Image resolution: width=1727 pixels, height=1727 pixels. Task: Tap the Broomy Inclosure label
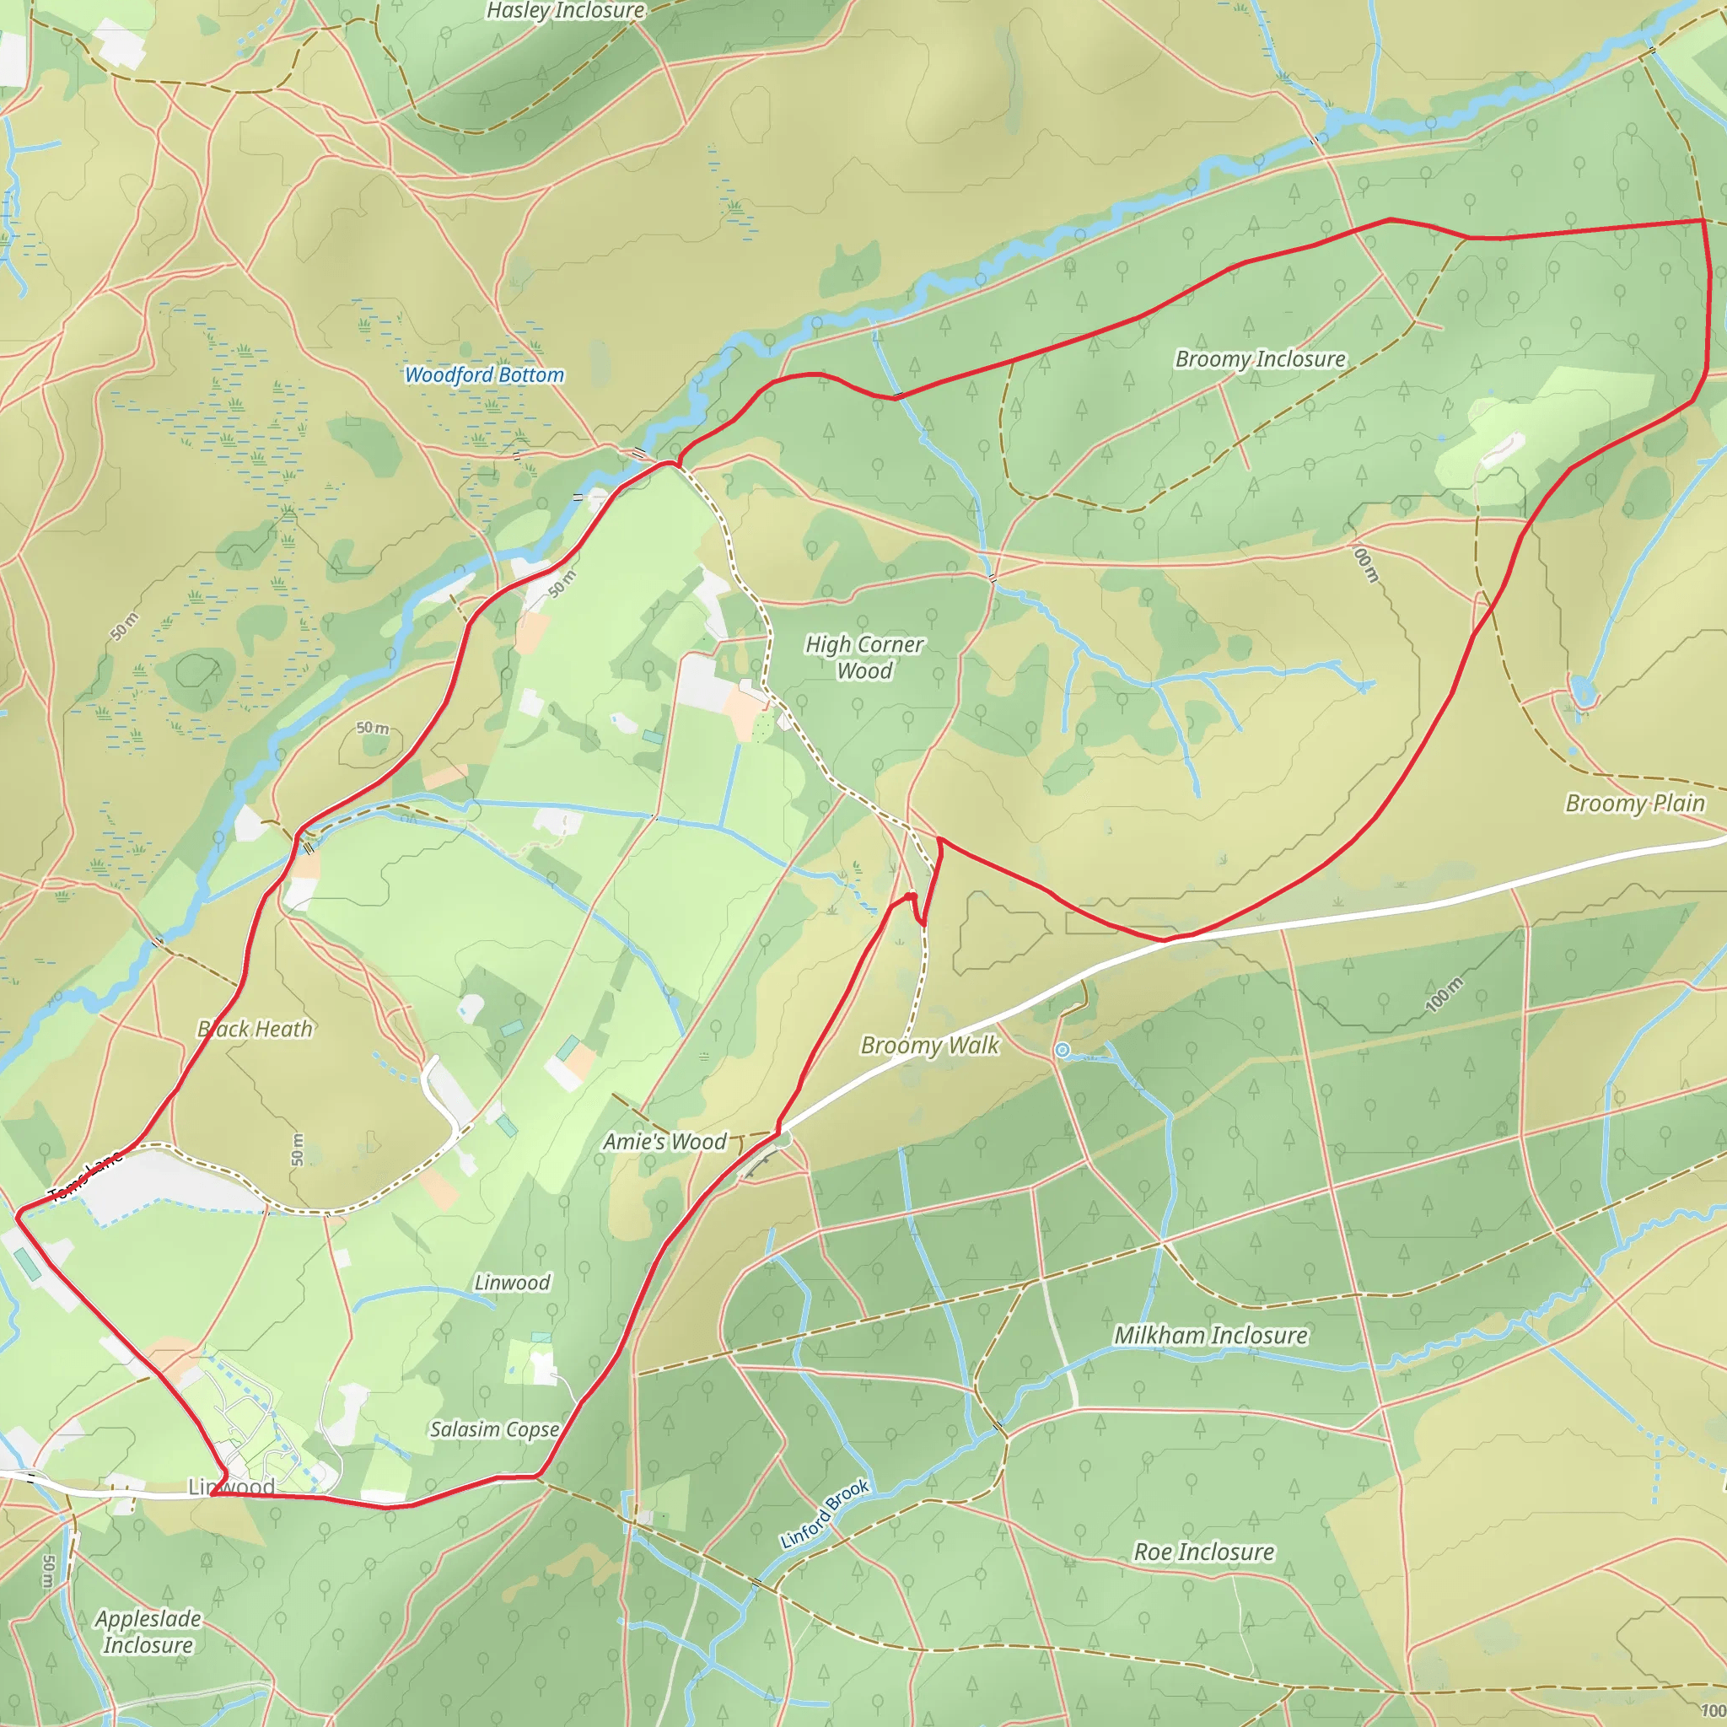[x=1260, y=359]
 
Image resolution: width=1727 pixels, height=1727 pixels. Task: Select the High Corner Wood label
[x=863, y=657]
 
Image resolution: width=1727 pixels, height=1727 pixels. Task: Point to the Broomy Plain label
[x=1634, y=804]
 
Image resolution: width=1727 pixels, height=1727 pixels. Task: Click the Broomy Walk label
[x=928, y=1045]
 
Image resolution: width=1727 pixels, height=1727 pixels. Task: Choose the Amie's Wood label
[x=664, y=1142]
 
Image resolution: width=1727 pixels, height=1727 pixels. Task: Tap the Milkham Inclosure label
[x=1210, y=1336]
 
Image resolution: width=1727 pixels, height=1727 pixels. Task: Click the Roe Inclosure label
[x=1203, y=1552]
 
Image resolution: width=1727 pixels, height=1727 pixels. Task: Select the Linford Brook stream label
[x=824, y=1514]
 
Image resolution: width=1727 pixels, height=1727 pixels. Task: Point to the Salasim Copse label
[x=494, y=1429]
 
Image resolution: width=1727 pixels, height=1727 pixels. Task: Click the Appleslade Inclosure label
[x=148, y=1632]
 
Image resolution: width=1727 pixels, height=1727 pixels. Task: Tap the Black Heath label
[x=256, y=1029]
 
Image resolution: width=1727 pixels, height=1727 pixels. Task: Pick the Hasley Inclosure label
[x=565, y=11]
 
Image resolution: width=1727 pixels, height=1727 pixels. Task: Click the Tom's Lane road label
[x=85, y=1177]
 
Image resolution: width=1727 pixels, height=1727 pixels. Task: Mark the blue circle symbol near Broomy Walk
[x=1061, y=1051]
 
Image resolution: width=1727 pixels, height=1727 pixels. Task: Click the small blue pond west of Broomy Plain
[x=1581, y=693]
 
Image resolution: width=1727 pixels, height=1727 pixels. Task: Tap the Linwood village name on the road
[x=232, y=1487]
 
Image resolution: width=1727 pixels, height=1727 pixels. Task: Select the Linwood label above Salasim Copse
[x=511, y=1283]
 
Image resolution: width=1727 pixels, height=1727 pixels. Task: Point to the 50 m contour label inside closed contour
[x=373, y=728]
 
